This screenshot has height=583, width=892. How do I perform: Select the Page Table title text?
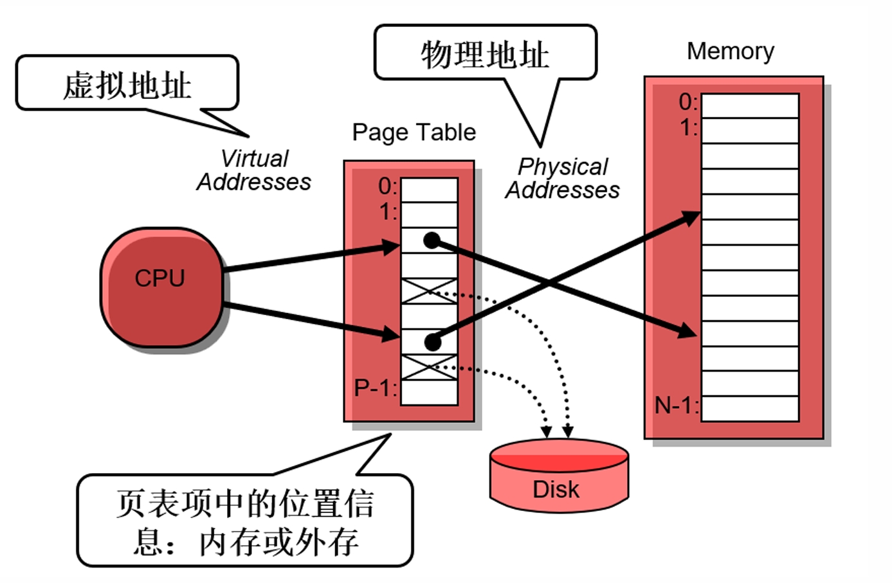(x=414, y=132)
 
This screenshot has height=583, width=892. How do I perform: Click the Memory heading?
(x=730, y=51)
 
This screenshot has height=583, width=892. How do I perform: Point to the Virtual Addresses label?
(x=254, y=170)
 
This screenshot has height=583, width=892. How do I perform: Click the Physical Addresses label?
(x=562, y=179)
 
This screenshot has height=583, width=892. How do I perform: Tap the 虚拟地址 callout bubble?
(x=127, y=84)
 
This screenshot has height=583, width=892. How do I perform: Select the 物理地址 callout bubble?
(x=485, y=54)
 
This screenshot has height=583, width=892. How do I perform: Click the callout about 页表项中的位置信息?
(x=245, y=521)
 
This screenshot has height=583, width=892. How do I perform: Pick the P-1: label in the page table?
(x=376, y=388)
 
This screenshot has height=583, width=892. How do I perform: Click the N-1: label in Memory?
(x=676, y=406)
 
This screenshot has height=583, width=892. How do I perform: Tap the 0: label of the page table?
(x=388, y=186)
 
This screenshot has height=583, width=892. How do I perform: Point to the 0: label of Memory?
(x=688, y=102)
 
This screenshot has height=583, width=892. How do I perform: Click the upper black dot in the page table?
(x=432, y=241)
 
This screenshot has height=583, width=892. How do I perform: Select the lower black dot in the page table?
(x=433, y=343)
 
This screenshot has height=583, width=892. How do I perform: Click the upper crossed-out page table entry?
(x=429, y=291)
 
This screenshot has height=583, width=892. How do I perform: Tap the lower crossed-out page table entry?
(x=429, y=367)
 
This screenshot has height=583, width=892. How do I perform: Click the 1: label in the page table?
(x=388, y=212)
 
